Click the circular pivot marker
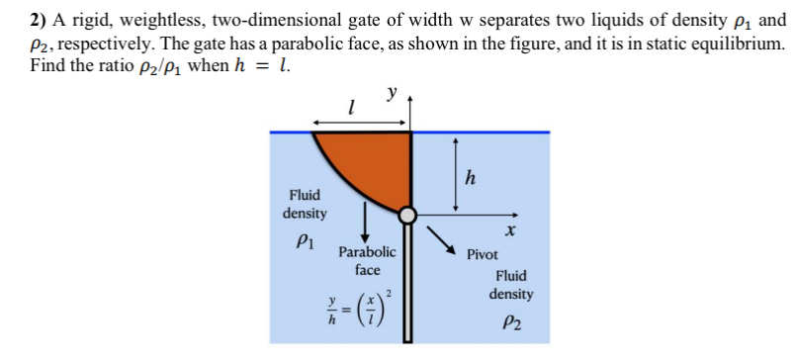tap(409, 214)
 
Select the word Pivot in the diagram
tap(483, 254)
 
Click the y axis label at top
tap(393, 93)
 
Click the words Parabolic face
tap(367, 260)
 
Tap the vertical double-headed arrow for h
tap(454, 173)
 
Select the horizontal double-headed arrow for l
tap(360, 123)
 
